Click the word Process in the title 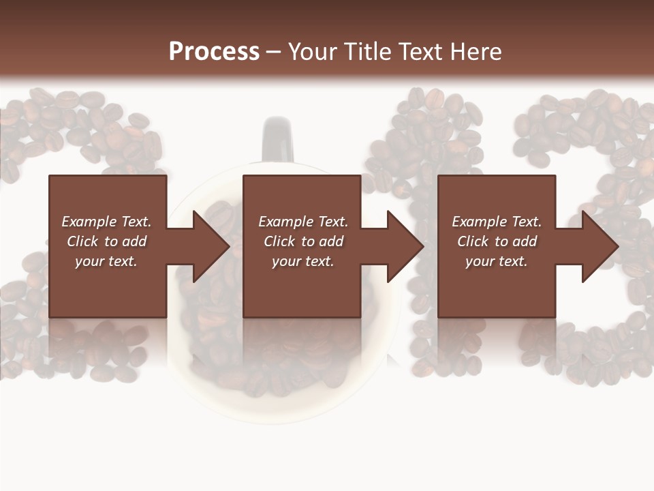coord(214,52)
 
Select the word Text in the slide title coord(418,52)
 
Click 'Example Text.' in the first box coord(106,222)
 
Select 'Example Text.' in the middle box coord(302,222)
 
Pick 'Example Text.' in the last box coord(497,222)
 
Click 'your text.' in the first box coord(106,261)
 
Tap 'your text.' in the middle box coord(302,261)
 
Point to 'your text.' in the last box coord(497,261)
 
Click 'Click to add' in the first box coord(106,241)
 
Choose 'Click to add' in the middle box coord(302,241)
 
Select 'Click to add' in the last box coord(497,241)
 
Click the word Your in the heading coord(313,52)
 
